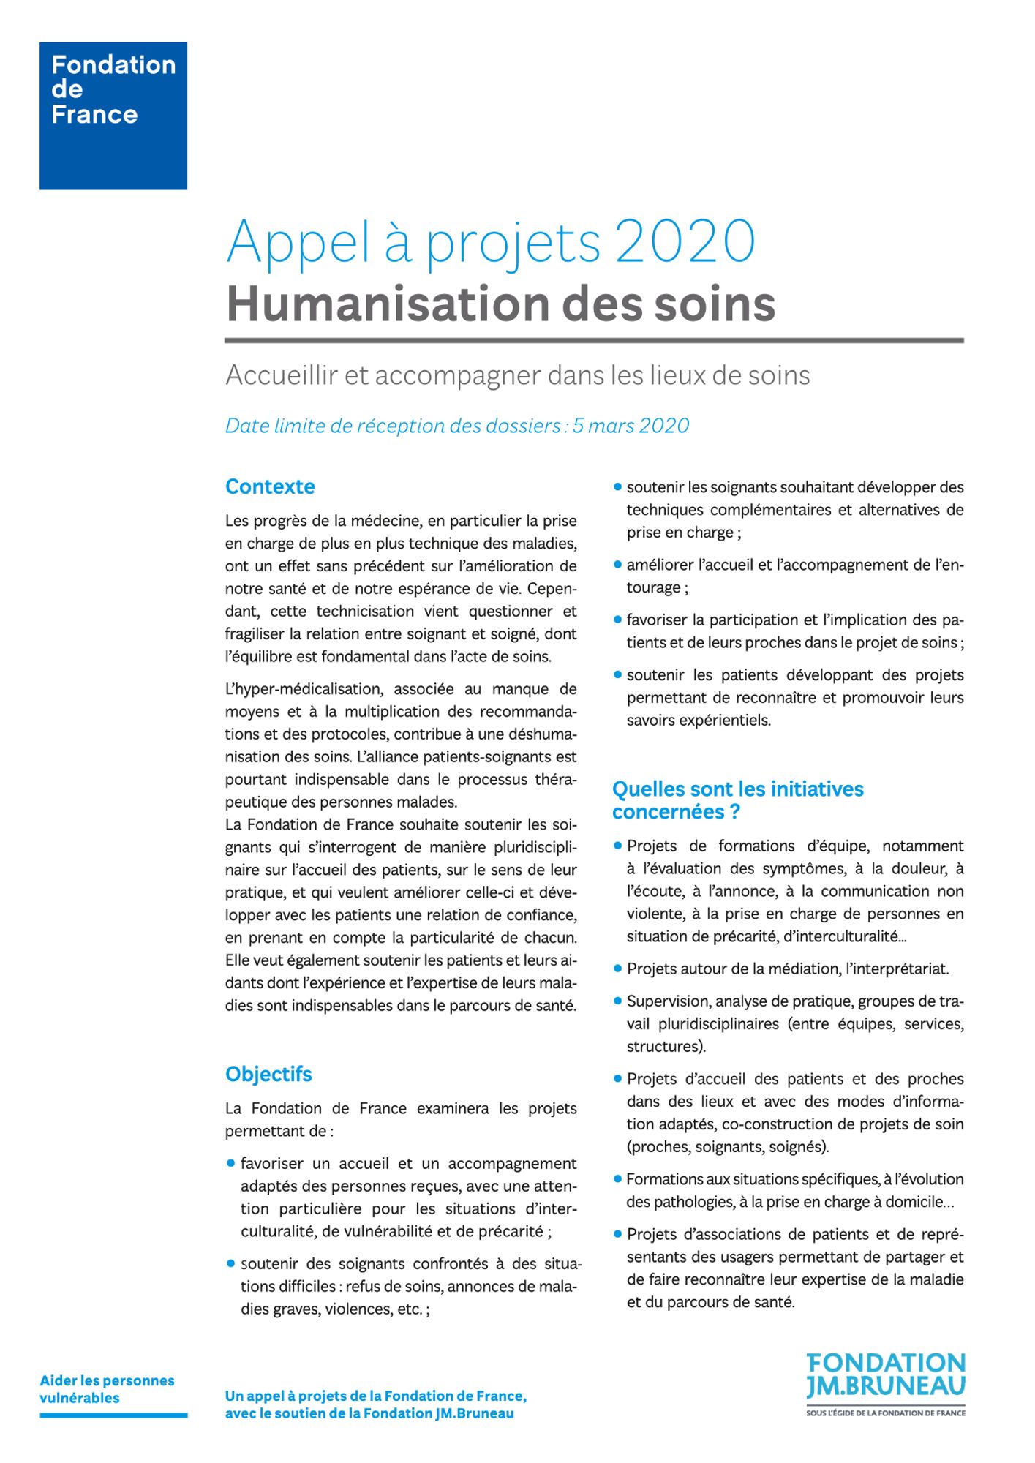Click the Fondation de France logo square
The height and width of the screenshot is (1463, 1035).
tap(113, 116)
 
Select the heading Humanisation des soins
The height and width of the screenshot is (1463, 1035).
tap(500, 304)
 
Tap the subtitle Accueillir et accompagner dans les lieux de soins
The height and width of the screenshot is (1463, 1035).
tap(517, 375)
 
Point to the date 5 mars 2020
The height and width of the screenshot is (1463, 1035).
tap(631, 426)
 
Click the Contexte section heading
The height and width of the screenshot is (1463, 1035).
tap(270, 486)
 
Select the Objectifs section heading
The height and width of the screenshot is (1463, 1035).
tap(268, 1074)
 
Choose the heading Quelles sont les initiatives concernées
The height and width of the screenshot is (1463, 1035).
tap(737, 800)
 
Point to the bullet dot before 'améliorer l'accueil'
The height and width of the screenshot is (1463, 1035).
tap(617, 565)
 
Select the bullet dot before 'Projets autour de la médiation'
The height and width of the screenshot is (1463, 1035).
tap(617, 969)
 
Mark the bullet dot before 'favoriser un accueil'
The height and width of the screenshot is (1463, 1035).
tap(231, 1163)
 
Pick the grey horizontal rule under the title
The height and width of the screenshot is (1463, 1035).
tap(594, 340)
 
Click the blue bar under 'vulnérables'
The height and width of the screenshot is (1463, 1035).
tap(113, 1415)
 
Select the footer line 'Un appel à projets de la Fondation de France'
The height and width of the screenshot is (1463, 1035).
tap(375, 1396)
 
